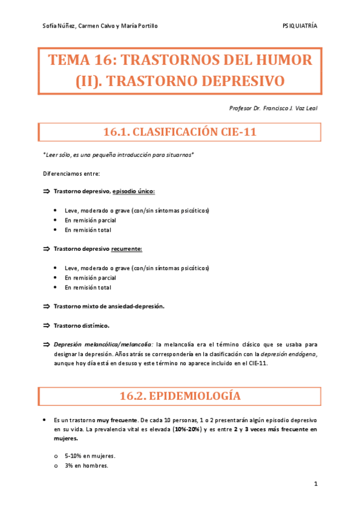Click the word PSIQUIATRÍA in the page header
click(299, 26)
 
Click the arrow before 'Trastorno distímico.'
click(46, 325)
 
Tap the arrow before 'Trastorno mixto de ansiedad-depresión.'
click(46, 306)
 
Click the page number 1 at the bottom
click(315, 484)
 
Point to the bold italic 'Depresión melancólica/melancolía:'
click(103, 345)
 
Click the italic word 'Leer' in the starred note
click(52, 155)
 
